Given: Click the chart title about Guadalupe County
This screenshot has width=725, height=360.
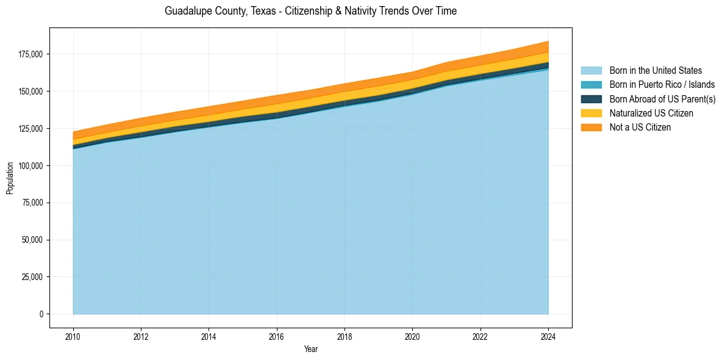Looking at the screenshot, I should (x=310, y=11).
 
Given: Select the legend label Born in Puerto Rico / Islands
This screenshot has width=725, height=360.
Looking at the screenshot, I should (x=662, y=85).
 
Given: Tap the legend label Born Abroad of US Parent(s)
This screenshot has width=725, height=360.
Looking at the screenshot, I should (x=662, y=99).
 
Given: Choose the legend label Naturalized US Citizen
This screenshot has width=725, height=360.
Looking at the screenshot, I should (x=651, y=113).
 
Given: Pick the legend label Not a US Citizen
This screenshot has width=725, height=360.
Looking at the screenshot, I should (x=640, y=128).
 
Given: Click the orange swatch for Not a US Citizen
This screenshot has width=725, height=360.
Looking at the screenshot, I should (x=591, y=128).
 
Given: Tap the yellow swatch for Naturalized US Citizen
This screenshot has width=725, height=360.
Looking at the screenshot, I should (x=591, y=113).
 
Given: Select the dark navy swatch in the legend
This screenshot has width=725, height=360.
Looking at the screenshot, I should (x=591, y=99).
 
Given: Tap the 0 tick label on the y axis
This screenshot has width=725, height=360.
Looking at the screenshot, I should (x=41, y=314).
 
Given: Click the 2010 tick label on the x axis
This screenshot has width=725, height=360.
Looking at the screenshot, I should (x=73, y=336).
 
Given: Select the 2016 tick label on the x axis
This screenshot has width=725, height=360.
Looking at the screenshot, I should (x=277, y=336).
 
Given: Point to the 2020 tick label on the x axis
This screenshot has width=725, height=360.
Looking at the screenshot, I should (x=413, y=336).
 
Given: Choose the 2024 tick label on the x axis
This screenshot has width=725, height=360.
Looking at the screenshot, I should (x=548, y=336).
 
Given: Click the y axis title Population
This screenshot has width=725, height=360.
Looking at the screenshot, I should (x=10, y=179).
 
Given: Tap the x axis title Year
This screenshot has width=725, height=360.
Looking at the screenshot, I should (x=310, y=350).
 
